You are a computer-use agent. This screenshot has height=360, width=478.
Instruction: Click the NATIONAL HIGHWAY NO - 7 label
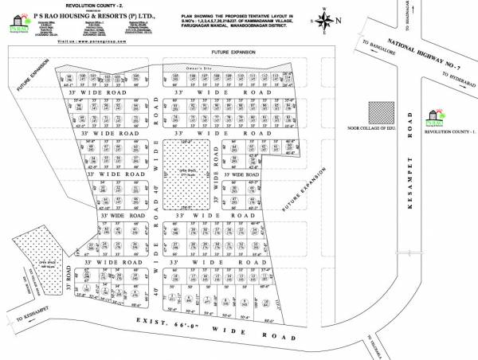(421, 55)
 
